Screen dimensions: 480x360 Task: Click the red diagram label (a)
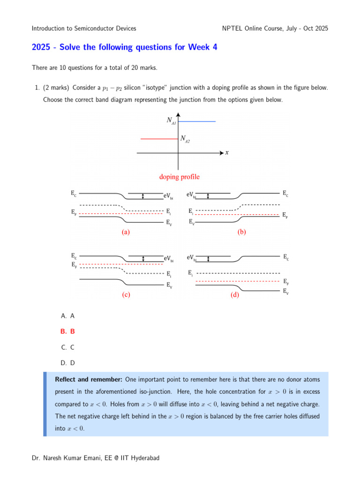pyautogui.click(x=125, y=232)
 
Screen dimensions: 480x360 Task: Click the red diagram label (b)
pyautogui.click(x=242, y=232)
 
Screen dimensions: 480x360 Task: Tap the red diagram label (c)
pyautogui.click(x=125, y=295)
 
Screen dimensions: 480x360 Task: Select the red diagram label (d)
pyautogui.click(x=235, y=295)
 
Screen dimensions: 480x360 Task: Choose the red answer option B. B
pyautogui.click(x=68, y=331)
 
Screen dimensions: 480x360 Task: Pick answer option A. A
pyautogui.click(x=68, y=315)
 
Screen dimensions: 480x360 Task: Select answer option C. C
pyautogui.click(x=68, y=347)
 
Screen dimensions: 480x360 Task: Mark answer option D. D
pyautogui.click(x=68, y=362)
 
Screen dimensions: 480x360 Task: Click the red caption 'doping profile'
pyautogui.click(x=179, y=177)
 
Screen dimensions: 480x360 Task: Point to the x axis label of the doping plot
pyautogui.click(x=227, y=152)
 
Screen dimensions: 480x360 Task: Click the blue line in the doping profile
pyautogui.click(x=197, y=121)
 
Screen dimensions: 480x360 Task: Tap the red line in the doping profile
pyautogui.click(x=159, y=139)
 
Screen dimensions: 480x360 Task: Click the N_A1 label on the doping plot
pyautogui.click(x=171, y=120)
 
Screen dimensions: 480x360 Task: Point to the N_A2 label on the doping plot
pyautogui.click(x=185, y=139)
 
